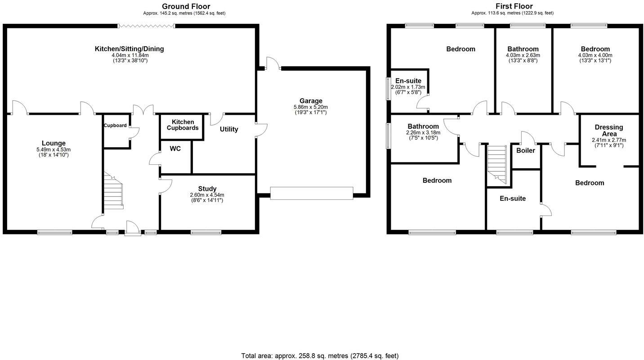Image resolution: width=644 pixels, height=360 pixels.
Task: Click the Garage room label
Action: tap(311, 101)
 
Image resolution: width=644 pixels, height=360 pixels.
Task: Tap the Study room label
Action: tap(207, 189)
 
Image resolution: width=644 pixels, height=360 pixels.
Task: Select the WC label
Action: tap(175, 148)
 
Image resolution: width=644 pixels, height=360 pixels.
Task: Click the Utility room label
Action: tap(229, 130)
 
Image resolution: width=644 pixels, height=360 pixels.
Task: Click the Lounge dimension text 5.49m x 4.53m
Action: tap(54, 149)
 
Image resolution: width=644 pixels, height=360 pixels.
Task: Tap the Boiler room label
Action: tap(525, 150)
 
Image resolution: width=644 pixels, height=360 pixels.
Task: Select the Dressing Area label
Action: tap(608, 130)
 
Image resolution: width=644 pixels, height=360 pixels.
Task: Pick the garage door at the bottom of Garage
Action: tap(311, 193)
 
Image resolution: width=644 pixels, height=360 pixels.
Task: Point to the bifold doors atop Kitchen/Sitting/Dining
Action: tap(146, 26)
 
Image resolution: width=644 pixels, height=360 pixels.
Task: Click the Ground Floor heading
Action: tap(186, 6)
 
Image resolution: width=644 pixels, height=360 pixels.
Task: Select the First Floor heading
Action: tap(514, 6)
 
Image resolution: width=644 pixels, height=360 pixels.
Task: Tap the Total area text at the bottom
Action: tap(320, 355)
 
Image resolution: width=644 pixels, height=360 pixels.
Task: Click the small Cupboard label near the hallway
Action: tap(115, 126)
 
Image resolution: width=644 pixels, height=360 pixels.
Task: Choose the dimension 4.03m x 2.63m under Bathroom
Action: tap(523, 55)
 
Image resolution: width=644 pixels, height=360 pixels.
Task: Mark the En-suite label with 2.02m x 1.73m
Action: tap(408, 81)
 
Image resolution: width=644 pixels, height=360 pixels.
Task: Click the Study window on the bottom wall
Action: tap(206, 232)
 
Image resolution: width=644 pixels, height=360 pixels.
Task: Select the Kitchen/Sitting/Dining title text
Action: tap(129, 49)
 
